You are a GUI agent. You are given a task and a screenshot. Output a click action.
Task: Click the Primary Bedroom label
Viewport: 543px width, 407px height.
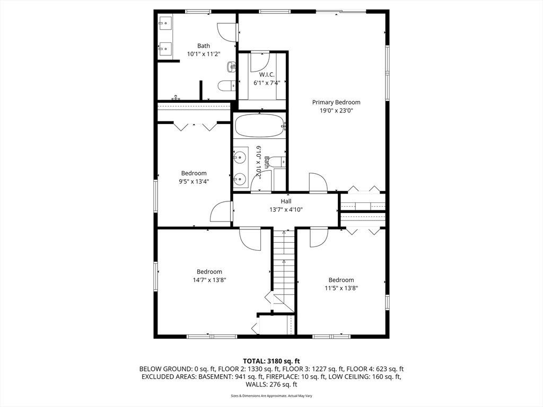point(336,102)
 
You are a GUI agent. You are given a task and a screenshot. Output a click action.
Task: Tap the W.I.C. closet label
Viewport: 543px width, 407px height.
point(267,74)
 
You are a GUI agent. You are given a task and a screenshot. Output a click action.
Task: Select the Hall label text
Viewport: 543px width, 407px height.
point(286,201)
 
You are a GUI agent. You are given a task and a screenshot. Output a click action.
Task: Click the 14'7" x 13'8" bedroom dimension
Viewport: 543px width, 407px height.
point(209,280)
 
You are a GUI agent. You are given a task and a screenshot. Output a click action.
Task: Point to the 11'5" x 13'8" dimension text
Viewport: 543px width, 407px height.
point(341,288)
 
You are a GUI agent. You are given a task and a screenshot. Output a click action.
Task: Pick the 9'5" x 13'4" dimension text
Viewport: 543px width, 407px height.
point(194,181)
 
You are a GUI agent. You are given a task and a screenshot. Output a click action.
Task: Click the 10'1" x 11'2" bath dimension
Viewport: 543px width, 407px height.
point(204,54)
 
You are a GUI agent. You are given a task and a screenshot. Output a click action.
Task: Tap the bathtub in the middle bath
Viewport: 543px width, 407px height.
point(260,127)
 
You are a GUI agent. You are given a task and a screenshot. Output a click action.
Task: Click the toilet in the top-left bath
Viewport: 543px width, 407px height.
point(227,85)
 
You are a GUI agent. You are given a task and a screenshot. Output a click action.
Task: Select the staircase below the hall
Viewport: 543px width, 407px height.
point(284,270)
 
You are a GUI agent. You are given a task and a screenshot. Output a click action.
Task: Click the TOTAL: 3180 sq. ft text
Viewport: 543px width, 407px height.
point(271,361)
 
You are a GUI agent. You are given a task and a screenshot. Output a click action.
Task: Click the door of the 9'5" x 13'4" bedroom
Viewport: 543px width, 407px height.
point(222,212)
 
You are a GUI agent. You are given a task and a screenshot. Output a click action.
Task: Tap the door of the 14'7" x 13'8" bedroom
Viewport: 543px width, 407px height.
point(250,239)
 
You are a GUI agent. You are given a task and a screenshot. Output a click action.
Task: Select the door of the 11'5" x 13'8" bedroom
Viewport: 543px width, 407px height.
point(319,237)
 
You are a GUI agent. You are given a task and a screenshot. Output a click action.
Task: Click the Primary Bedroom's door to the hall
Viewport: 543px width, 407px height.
point(318,182)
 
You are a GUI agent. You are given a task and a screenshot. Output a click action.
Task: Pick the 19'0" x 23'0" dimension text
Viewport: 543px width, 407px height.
point(336,111)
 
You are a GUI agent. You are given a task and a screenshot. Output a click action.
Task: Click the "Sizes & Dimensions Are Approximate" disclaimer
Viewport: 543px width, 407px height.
point(271,395)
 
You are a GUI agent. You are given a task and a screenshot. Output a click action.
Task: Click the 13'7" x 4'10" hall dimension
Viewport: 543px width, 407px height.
point(286,209)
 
